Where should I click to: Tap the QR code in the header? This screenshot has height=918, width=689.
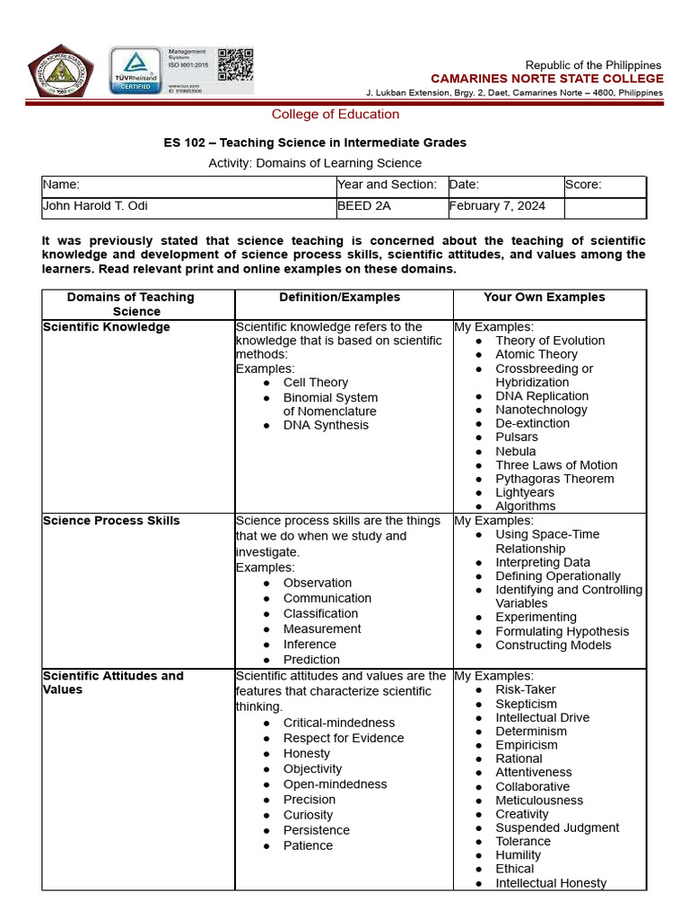(235, 65)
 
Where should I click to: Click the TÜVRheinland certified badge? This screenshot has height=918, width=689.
(135, 71)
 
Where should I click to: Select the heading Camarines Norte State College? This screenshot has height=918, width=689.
(546, 79)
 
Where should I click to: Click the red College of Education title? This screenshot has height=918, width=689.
(336, 114)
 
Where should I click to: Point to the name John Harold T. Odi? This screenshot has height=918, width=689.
(96, 206)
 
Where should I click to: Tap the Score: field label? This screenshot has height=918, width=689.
(583, 185)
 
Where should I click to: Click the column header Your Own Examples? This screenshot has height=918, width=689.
(544, 298)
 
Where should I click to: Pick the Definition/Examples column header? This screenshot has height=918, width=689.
(339, 298)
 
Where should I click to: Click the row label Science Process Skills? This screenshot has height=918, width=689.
(111, 521)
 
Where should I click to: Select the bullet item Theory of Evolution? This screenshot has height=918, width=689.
(550, 341)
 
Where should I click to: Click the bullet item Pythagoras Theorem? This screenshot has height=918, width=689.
(554, 479)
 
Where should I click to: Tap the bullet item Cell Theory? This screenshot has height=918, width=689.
(315, 383)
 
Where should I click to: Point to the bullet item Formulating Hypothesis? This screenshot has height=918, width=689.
(562, 631)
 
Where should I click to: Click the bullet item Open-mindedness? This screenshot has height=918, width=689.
(335, 784)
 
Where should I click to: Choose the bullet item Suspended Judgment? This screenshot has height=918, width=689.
(557, 827)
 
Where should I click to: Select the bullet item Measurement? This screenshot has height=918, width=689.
(322, 629)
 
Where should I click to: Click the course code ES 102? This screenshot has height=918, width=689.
(185, 143)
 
